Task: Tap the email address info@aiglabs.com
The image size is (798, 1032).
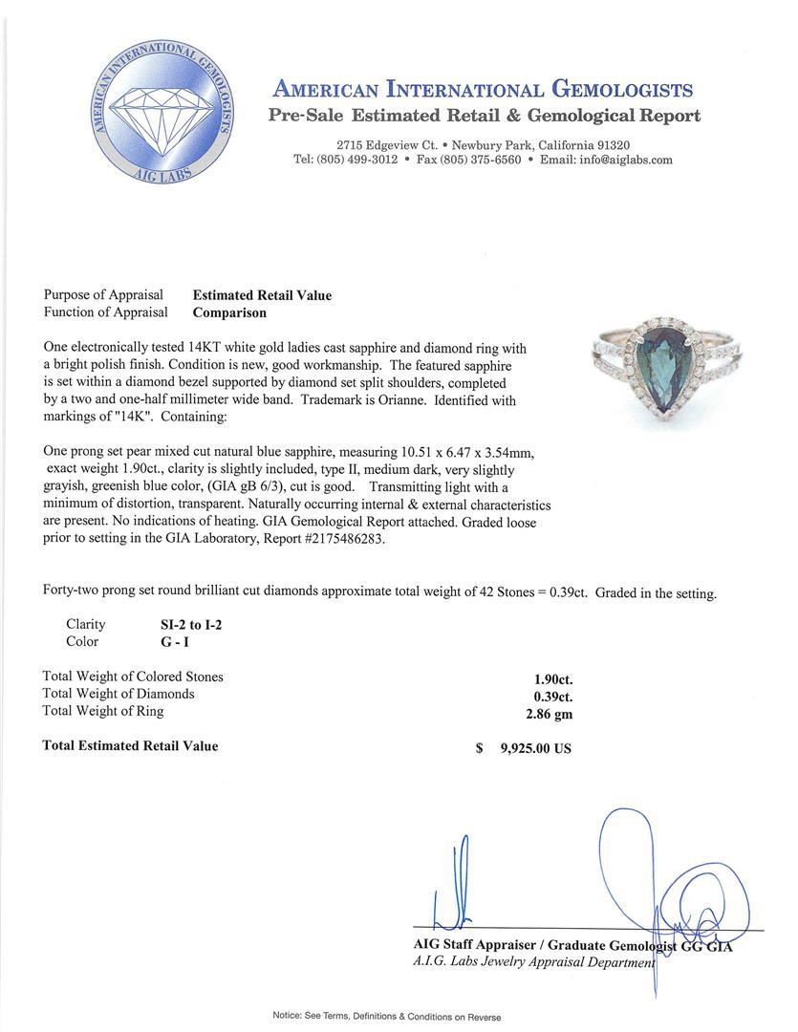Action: (x=621, y=160)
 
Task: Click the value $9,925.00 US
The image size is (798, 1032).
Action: (x=534, y=748)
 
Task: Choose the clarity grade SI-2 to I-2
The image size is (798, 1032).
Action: (x=196, y=625)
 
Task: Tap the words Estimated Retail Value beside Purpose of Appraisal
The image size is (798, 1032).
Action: (x=262, y=295)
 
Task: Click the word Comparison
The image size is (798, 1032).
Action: (x=229, y=312)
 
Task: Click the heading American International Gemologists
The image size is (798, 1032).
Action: (x=483, y=90)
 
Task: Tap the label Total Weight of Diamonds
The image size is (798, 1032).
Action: (x=119, y=694)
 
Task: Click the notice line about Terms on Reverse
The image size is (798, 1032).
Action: (x=386, y=1017)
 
